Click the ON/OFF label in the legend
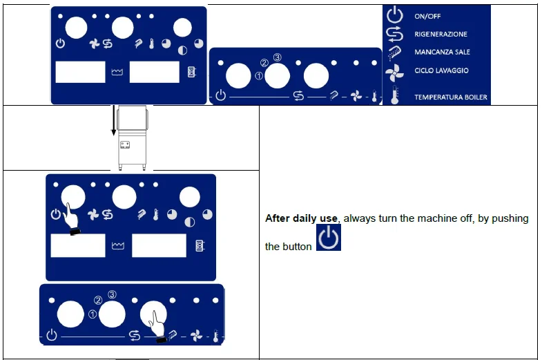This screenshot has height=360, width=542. [427, 17]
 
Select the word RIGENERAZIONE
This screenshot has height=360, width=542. [441, 34]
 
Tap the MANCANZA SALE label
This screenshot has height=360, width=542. [442, 52]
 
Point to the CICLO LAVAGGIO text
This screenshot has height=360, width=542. [441, 70]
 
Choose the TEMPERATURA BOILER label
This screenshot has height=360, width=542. [450, 97]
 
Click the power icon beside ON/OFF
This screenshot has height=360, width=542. [394, 16]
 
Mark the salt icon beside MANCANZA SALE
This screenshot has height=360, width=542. [394, 53]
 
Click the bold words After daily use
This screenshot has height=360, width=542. [302, 218]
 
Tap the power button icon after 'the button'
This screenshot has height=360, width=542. [328, 238]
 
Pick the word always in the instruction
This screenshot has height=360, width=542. [358, 218]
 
